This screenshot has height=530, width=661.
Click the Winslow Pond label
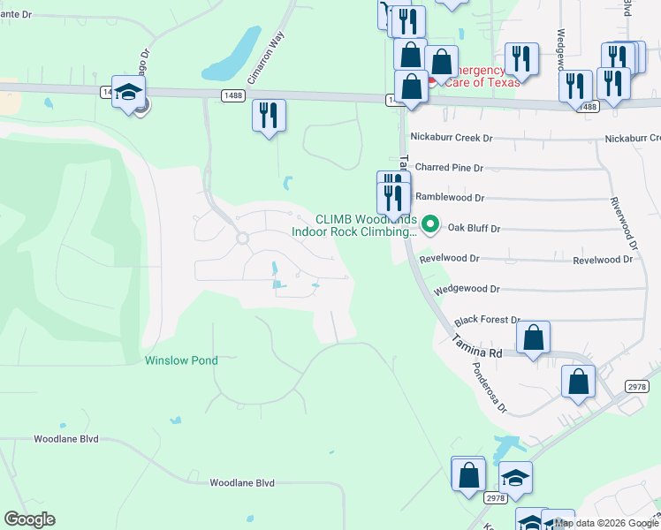(x=181, y=360)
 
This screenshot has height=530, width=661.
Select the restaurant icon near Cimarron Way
(x=269, y=116)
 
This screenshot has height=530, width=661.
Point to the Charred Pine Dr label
(x=449, y=167)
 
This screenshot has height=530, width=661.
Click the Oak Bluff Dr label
(x=474, y=228)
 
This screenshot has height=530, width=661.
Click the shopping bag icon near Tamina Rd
(x=533, y=338)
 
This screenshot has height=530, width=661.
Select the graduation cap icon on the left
(x=129, y=94)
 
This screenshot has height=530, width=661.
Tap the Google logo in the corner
(x=29, y=519)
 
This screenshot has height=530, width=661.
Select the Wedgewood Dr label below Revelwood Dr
(x=467, y=289)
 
